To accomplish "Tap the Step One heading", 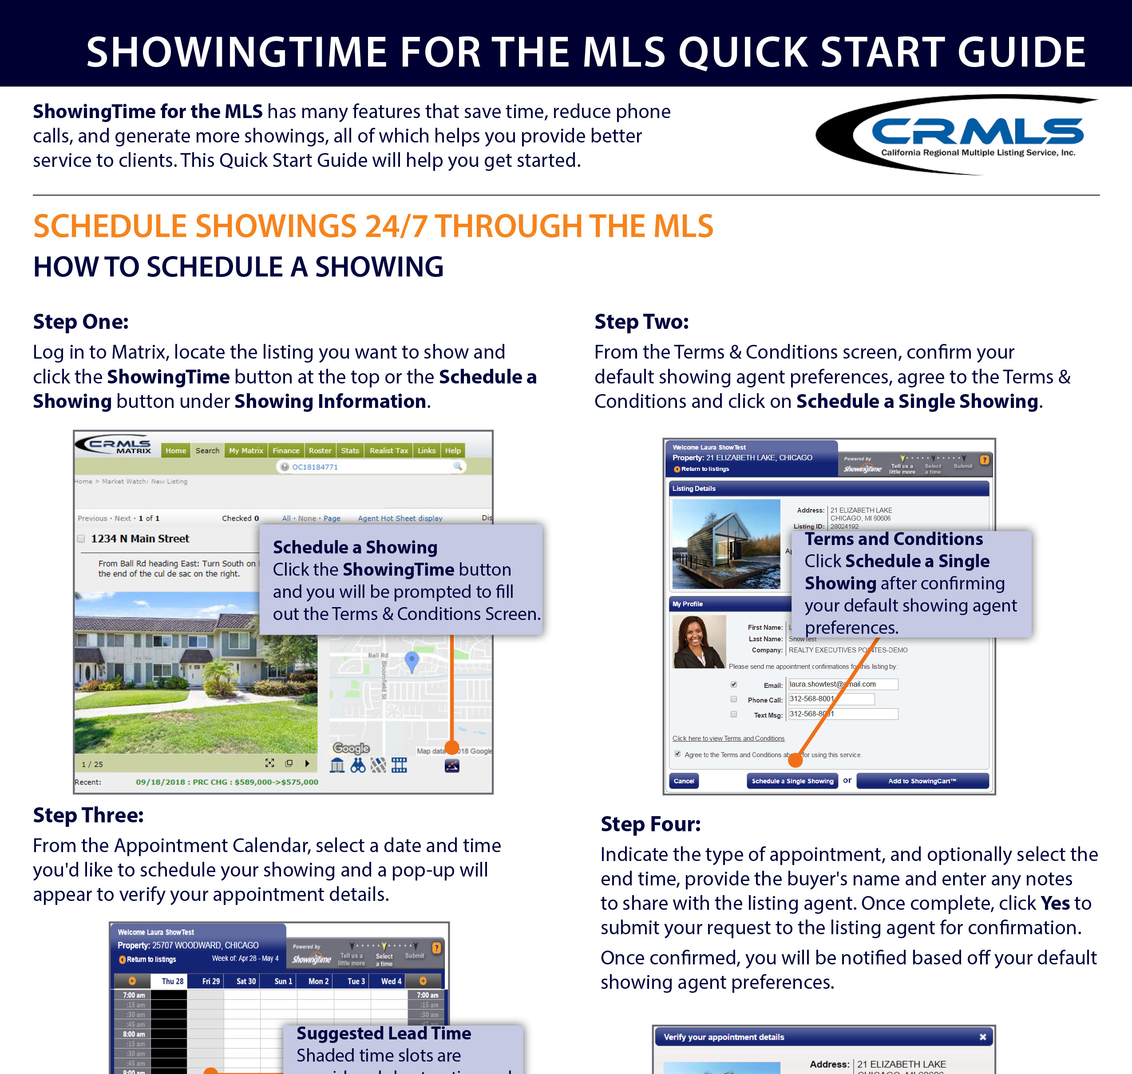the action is (x=81, y=322).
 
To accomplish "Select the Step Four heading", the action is (x=650, y=824).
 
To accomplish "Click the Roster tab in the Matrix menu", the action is (x=320, y=450).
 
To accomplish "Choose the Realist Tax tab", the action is (x=388, y=450).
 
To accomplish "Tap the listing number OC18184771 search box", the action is (x=371, y=466).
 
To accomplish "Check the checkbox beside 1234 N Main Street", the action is (x=81, y=539).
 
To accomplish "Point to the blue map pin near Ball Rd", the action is (x=411, y=661).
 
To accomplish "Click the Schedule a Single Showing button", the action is (x=792, y=781).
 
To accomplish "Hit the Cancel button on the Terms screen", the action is (x=684, y=781).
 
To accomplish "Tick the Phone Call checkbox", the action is (x=733, y=699).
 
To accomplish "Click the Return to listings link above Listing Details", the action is (x=704, y=469).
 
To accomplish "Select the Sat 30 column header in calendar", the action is (x=246, y=981).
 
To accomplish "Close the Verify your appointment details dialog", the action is (x=982, y=1037).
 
